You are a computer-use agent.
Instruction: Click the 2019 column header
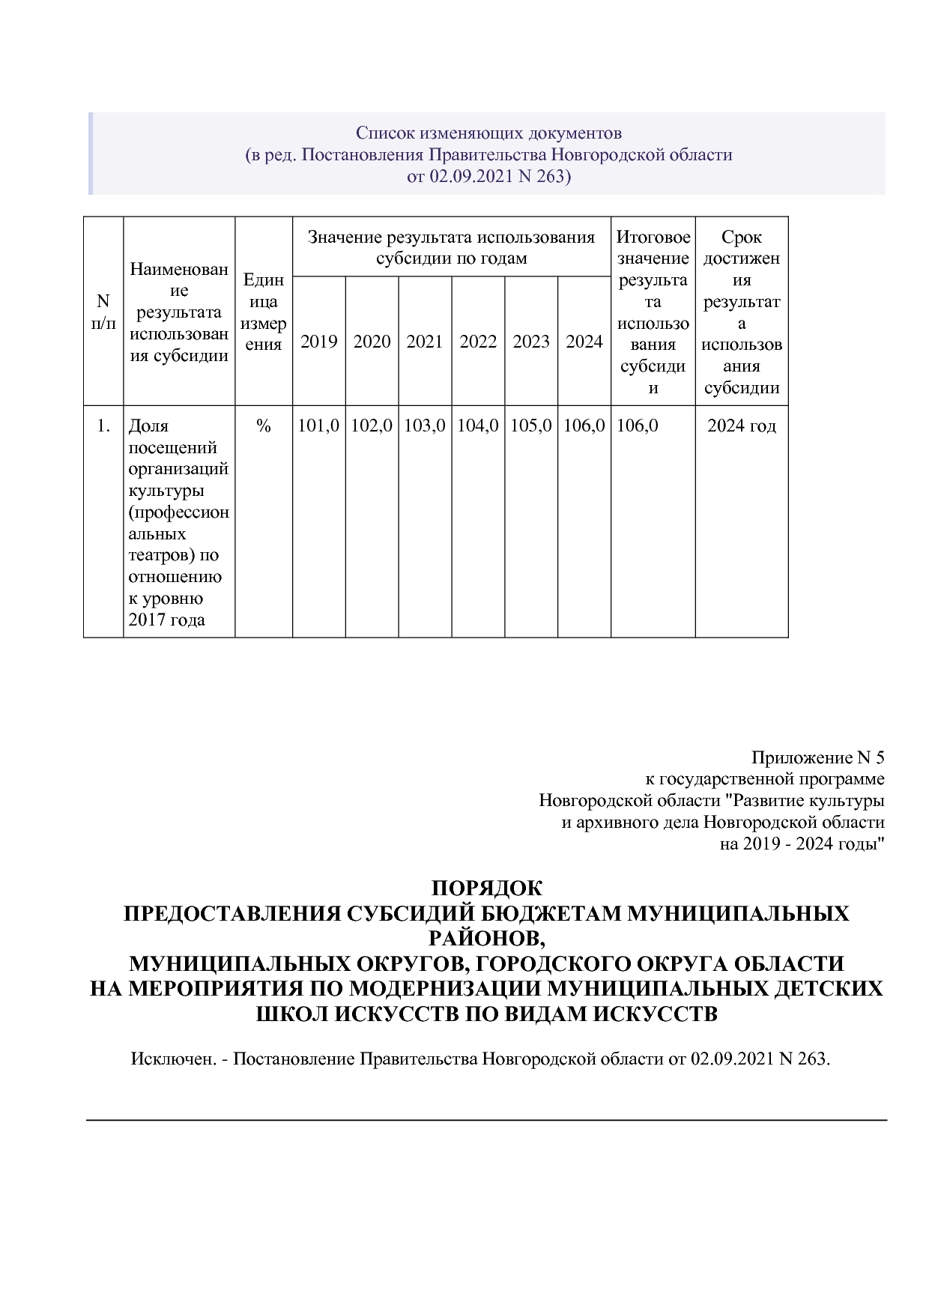click(318, 342)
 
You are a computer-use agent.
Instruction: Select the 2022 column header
click(478, 342)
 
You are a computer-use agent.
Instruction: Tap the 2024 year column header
click(584, 342)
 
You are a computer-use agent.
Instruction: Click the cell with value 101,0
click(318, 426)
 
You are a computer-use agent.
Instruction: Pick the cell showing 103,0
click(425, 426)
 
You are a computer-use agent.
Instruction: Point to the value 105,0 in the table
click(531, 426)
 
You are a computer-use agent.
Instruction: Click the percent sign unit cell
click(263, 426)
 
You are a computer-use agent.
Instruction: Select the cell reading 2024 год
click(742, 426)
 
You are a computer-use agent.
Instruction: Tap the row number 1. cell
click(103, 426)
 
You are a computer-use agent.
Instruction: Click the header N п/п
click(103, 312)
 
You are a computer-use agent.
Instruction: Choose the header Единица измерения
click(263, 312)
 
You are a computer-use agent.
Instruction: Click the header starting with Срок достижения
click(742, 312)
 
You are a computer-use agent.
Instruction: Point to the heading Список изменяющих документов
click(488, 133)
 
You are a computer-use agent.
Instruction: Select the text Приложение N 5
click(817, 757)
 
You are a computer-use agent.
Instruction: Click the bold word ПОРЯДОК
click(487, 888)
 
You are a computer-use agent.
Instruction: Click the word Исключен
click(175, 1059)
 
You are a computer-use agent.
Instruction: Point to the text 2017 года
click(166, 620)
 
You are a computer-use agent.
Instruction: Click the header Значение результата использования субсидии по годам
click(451, 247)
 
